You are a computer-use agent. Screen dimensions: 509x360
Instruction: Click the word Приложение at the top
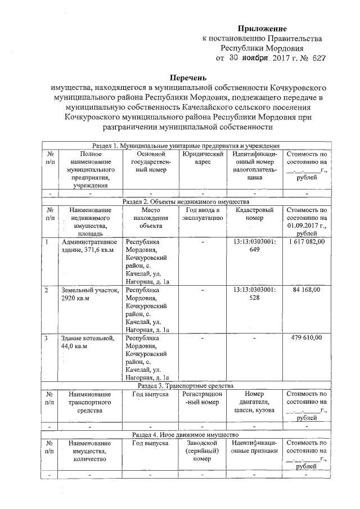click(x=262, y=28)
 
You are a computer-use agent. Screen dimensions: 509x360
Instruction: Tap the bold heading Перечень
click(x=189, y=78)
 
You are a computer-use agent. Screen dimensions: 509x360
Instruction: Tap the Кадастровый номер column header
click(x=254, y=214)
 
